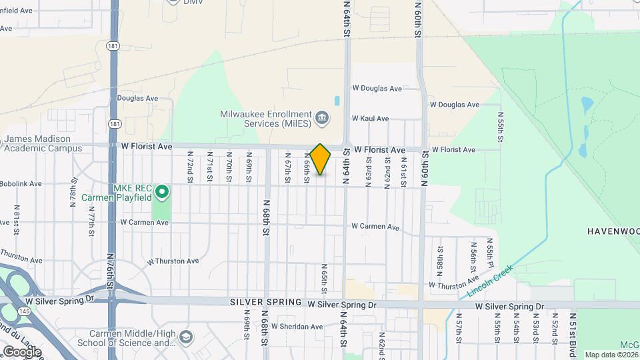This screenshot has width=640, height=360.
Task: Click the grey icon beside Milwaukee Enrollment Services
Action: [322, 119]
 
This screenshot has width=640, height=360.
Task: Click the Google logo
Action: [22, 351]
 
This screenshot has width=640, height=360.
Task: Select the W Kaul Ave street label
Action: [370, 119]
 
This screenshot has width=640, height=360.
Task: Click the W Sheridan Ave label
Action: [297, 327]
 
